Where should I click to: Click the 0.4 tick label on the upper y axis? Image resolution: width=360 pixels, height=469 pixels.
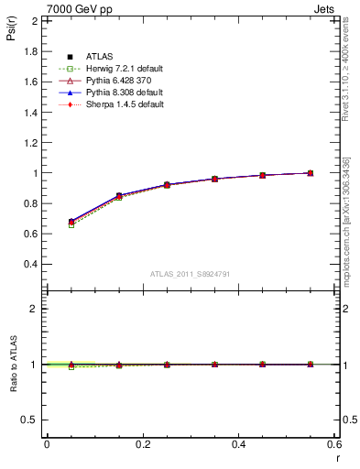click(x=31, y=265)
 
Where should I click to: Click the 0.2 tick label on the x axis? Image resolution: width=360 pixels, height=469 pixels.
click(x=142, y=444)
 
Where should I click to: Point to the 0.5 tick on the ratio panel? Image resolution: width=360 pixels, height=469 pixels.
click(x=31, y=420)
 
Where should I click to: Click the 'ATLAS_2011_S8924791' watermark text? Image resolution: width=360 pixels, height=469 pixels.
click(x=190, y=274)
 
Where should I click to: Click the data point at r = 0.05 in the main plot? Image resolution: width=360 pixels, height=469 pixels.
click(x=71, y=222)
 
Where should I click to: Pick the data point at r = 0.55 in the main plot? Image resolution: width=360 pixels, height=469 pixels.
click(x=311, y=173)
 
